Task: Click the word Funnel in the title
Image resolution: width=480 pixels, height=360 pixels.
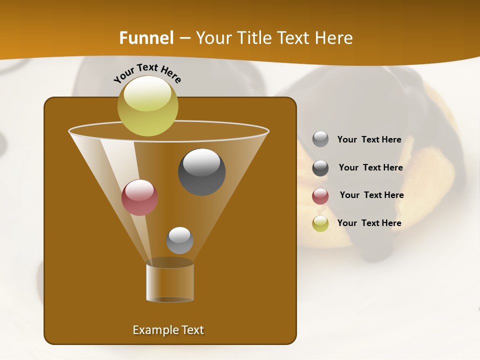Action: (146, 38)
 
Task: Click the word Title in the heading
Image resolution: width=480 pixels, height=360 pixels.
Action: (254, 38)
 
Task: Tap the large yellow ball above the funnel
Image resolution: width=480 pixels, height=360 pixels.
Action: (147, 105)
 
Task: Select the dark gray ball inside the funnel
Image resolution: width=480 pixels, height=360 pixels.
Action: (201, 172)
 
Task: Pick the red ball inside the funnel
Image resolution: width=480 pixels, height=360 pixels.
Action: (139, 197)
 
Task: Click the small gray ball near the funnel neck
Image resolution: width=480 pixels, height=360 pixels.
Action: (179, 240)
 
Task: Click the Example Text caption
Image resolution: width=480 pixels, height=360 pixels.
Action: (168, 330)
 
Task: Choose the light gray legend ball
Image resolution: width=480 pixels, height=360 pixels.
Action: (320, 139)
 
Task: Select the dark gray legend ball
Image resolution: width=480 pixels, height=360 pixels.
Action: (320, 168)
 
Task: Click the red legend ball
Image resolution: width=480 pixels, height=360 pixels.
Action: (320, 196)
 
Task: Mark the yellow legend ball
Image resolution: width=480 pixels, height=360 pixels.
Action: (320, 223)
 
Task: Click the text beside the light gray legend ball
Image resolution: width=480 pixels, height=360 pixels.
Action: (369, 140)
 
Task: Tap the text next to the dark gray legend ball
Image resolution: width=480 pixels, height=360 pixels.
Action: (370, 168)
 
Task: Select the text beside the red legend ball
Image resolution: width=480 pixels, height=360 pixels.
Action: (371, 195)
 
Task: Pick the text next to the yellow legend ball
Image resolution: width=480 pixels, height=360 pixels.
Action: (369, 223)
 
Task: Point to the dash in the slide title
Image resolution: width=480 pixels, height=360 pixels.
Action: (184, 38)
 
